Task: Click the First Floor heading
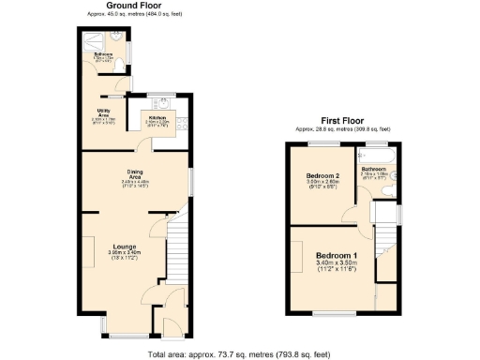(x=342, y=121)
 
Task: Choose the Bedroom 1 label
(x=335, y=256)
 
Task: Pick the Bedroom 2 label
(x=322, y=176)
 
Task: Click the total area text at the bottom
(x=239, y=353)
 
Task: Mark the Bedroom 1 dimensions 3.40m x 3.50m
(x=335, y=265)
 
